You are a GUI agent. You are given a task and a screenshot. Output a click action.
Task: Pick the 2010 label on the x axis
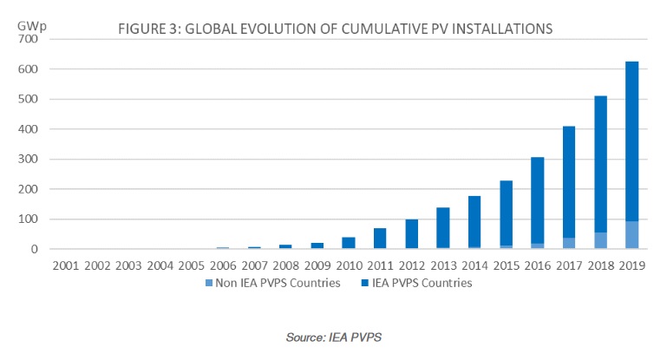328,264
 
